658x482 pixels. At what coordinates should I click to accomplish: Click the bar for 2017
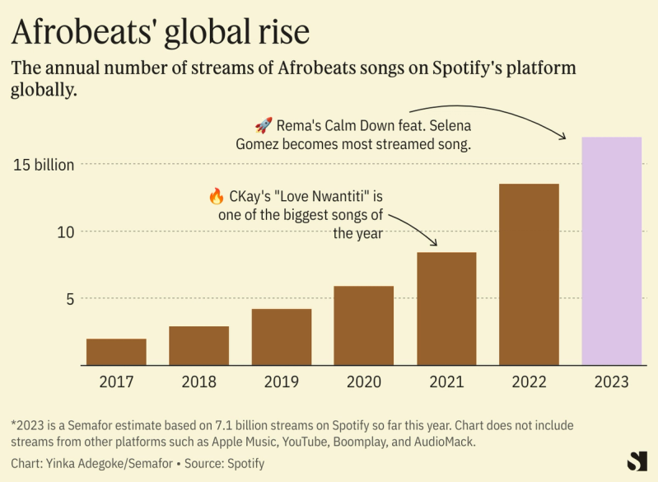(x=116, y=352)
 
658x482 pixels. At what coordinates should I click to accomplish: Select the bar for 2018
(x=198, y=345)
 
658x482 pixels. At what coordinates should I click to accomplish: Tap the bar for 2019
(x=282, y=336)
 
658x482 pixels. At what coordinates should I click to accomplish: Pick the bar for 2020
(x=363, y=325)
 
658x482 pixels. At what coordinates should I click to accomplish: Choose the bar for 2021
(x=446, y=308)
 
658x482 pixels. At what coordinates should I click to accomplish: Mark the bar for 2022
(x=529, y=274)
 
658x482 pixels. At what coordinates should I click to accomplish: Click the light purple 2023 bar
(x=611, y=250)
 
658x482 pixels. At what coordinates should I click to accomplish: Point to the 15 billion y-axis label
(x=44, y=164)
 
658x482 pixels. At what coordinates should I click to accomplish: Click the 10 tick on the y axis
(x=65, y=232)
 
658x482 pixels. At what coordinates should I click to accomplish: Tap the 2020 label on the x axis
(x=363, y=382)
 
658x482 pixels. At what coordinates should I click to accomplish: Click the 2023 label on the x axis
(x=611, y=382)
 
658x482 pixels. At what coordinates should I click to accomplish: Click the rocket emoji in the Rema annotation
(x=264, y=125)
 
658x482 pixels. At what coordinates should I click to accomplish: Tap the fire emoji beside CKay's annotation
(x=217, y=196)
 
